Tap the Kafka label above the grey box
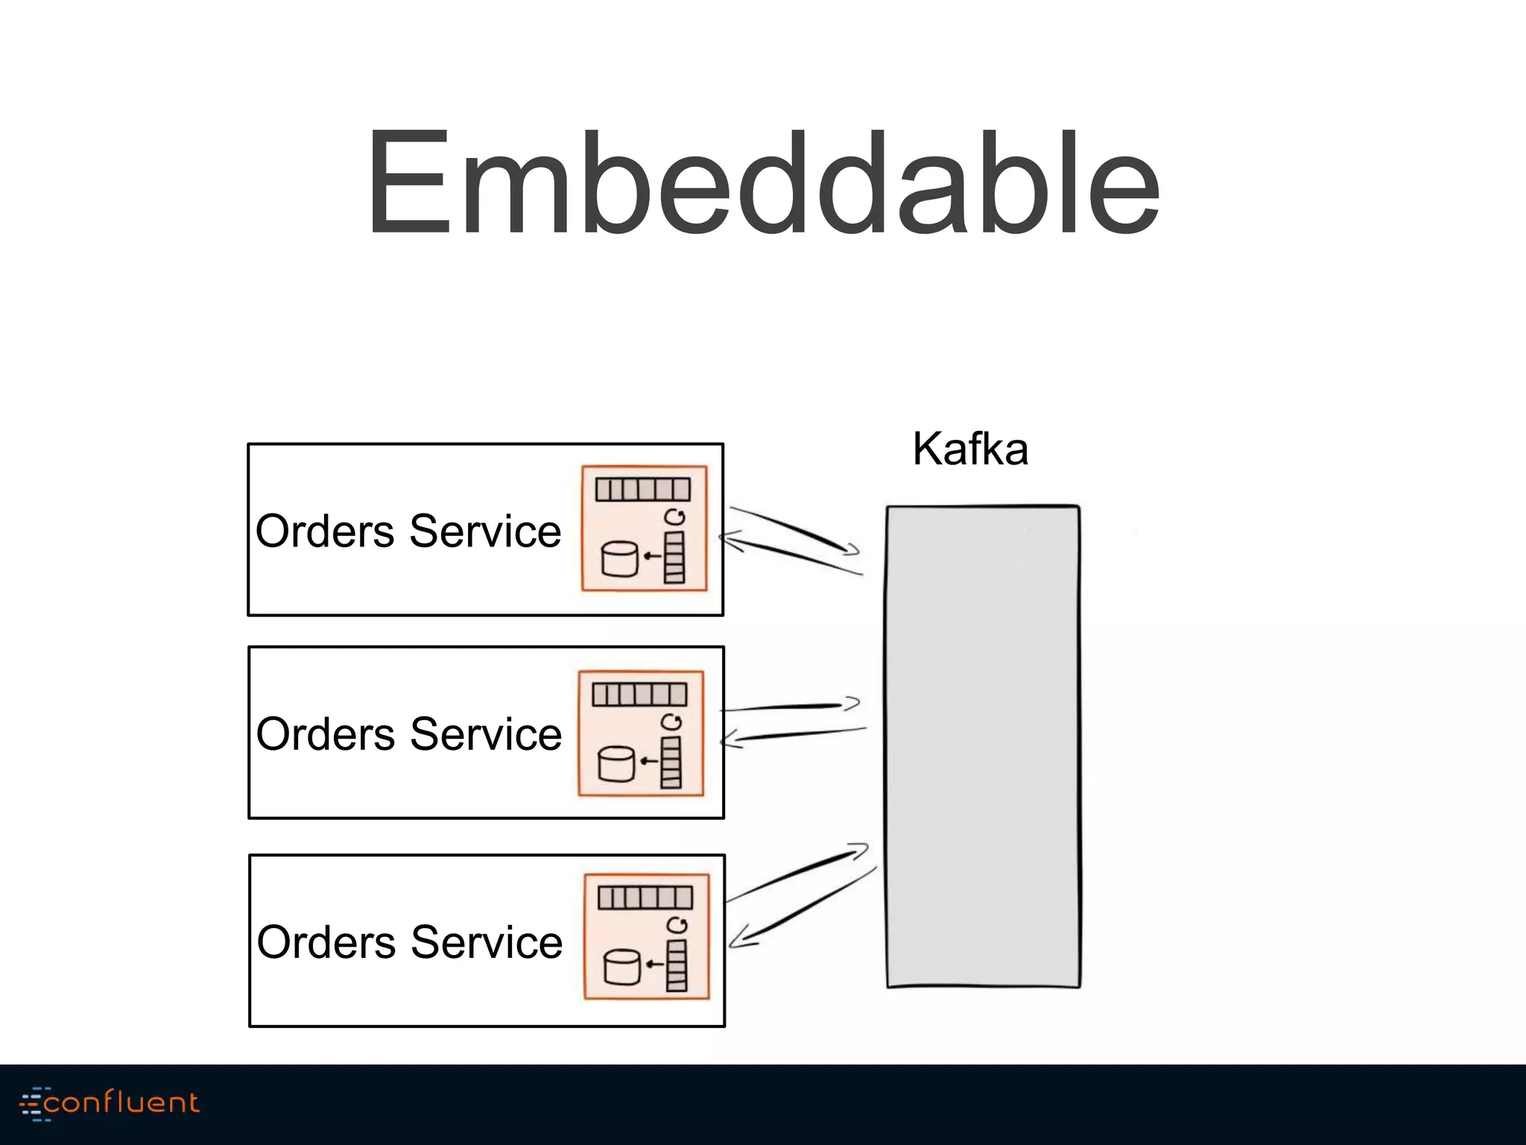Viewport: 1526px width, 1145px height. [x=970, y=450]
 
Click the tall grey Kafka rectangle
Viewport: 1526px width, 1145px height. [x=983, y=746]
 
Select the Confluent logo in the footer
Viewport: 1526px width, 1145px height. [x=110, y=1103]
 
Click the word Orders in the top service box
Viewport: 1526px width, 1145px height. [x=325, y=532]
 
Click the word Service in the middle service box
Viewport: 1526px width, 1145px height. [x=486, y=734]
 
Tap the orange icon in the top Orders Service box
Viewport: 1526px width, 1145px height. [x=644, y=529]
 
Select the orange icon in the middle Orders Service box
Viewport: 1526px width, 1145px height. [x=641, y=734]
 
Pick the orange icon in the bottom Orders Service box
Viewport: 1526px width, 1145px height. [x=646, y=937]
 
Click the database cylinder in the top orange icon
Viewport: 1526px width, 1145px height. [x=619, y=559]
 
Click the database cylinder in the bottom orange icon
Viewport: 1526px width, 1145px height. [x=621, y=967]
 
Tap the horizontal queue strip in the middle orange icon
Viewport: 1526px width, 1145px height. [x=639, y=695]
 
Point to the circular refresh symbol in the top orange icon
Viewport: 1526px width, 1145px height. [x=674, y=517]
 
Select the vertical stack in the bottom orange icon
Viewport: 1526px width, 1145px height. [x=677, y=965]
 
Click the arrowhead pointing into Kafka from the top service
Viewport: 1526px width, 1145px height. [x=852, y=550]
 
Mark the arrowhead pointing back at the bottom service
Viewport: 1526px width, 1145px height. [x=737, y=939]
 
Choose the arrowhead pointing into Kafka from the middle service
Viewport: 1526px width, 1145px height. [x=852, y=703]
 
